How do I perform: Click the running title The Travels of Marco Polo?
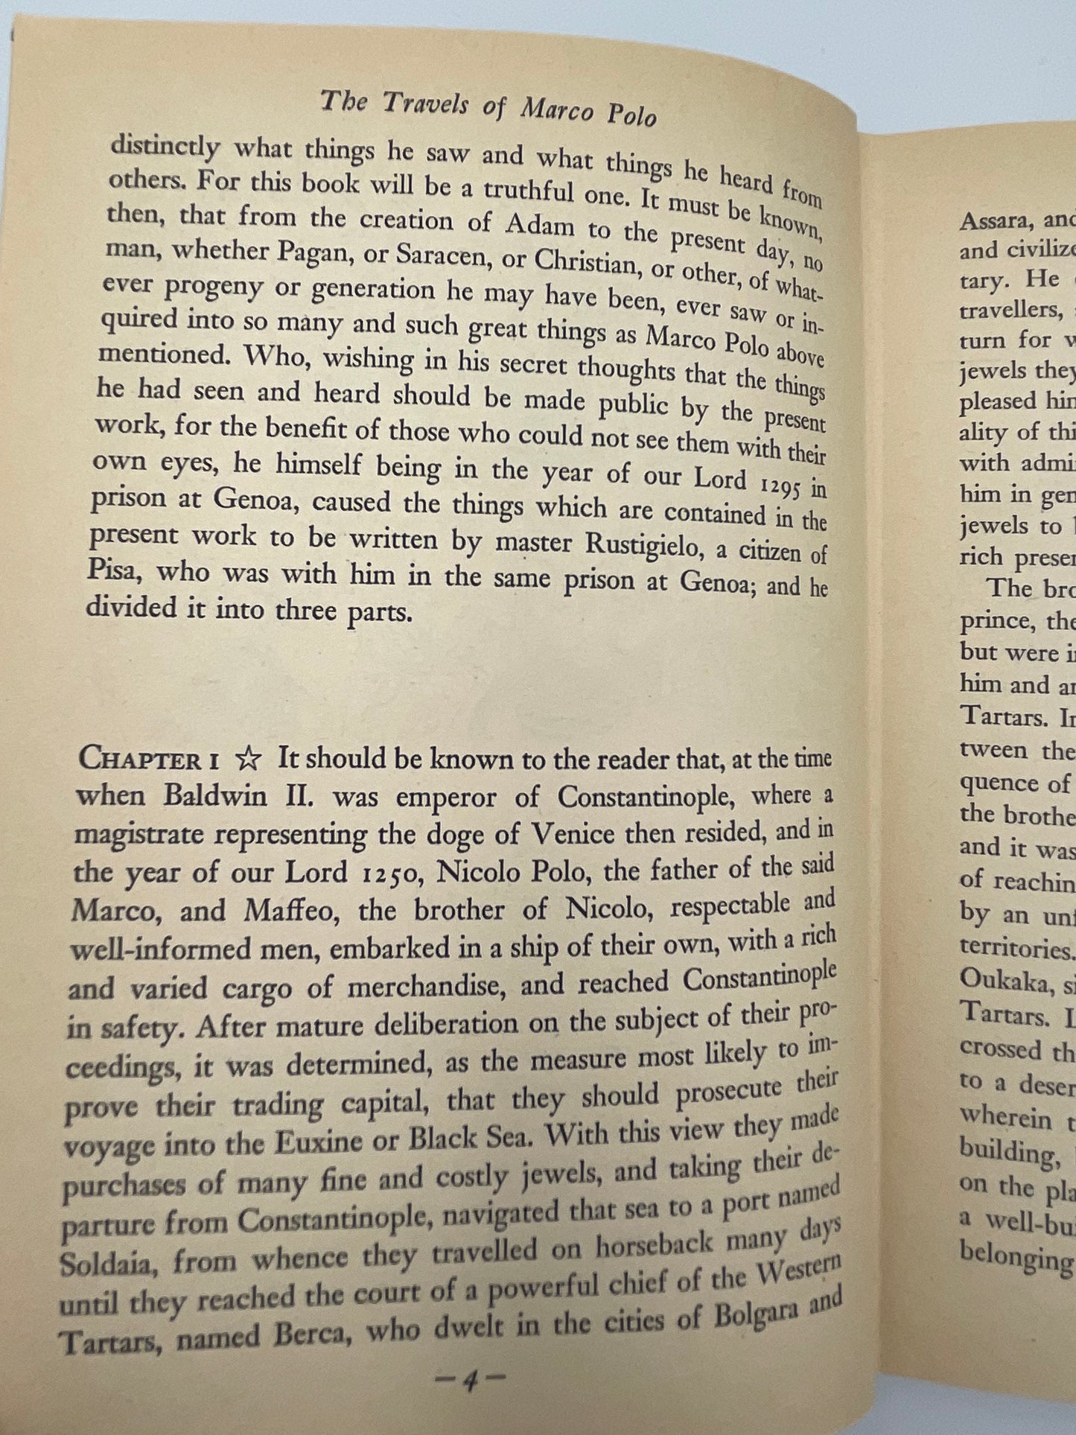(488, 109)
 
